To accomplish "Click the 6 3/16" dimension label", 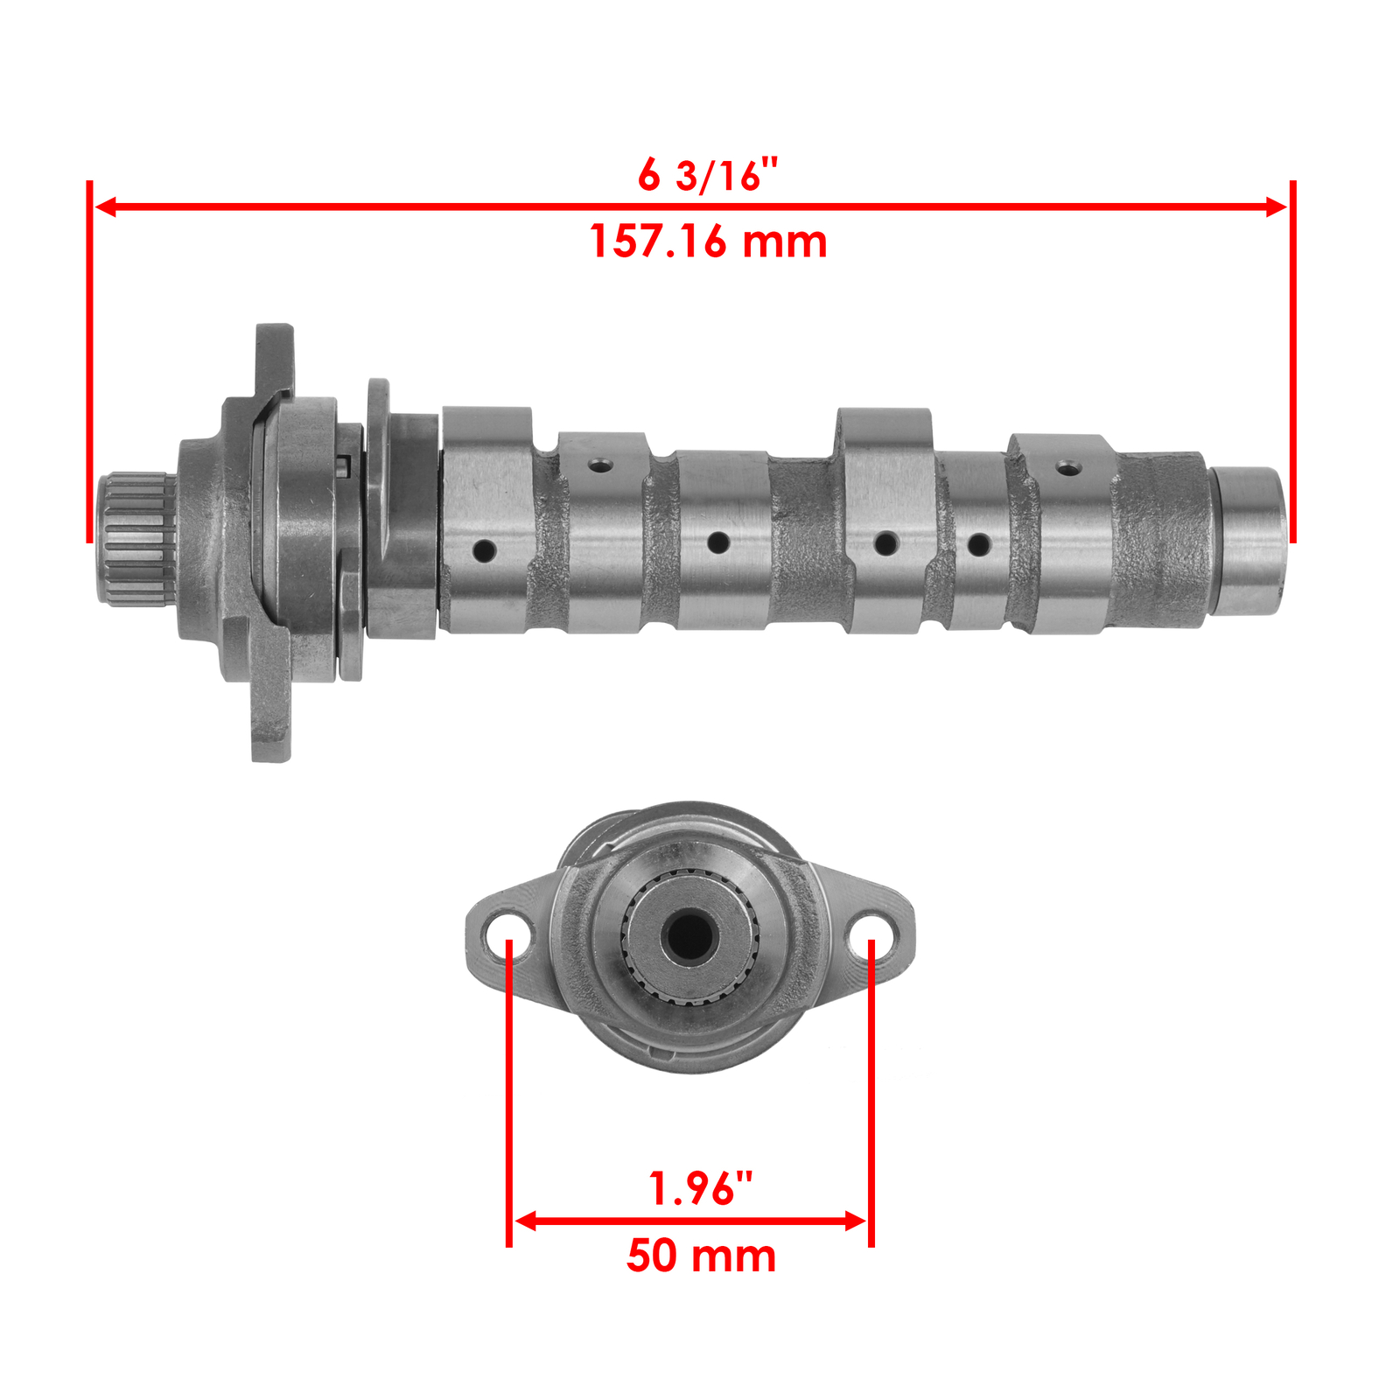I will coord(707,176).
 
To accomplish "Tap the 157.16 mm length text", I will coord(707,241).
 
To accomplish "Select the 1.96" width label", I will coord(700,1188).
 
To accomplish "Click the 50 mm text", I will coord(701,1256).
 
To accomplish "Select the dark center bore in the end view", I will coord(689,935).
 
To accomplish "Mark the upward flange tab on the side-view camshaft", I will coord(274,359).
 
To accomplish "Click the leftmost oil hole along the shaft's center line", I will coord(484,551).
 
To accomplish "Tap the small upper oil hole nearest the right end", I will coord(1066,468).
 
